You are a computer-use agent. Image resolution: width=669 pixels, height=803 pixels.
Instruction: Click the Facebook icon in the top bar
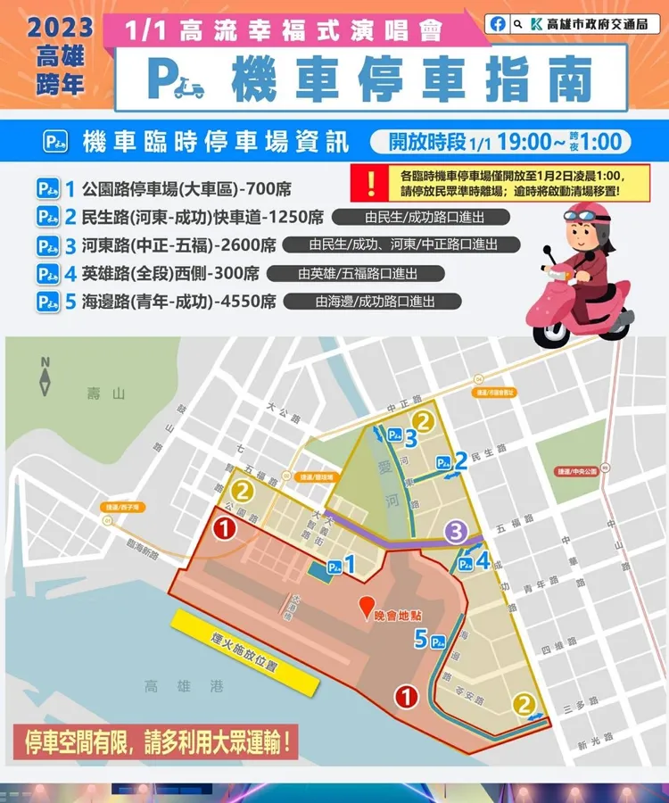498,24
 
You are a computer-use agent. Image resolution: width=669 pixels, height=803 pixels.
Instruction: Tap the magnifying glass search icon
519,24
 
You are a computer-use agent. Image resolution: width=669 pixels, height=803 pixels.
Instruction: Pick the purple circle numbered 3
457,533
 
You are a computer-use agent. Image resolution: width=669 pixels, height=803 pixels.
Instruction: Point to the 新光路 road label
595,739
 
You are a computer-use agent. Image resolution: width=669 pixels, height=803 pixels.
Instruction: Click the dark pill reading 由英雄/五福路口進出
358,273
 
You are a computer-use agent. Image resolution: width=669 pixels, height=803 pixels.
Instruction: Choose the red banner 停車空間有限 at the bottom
156,741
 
